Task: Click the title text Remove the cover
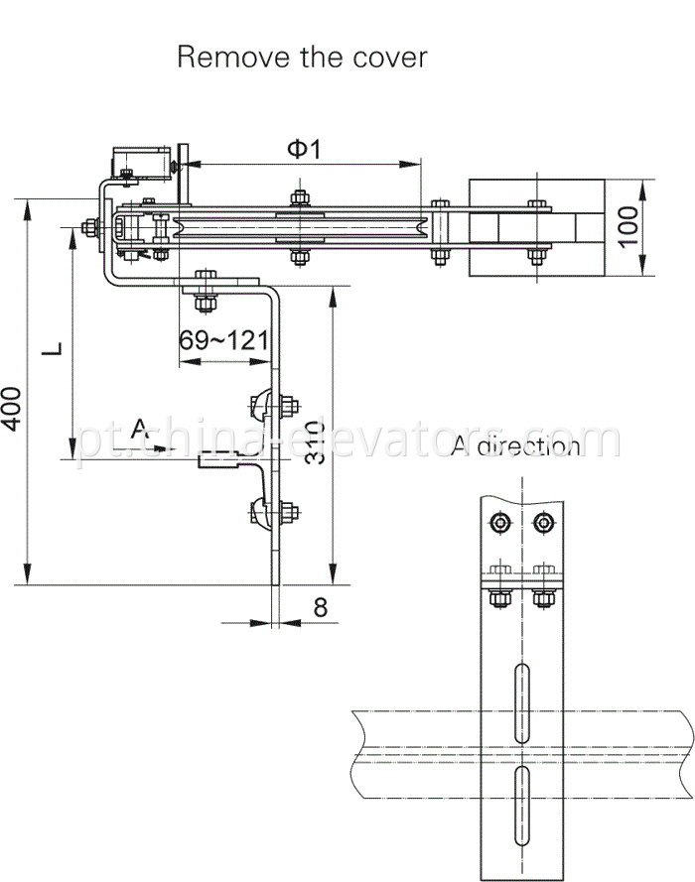[302, 57]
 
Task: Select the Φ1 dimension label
[306, 149]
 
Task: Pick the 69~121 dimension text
[223, 341]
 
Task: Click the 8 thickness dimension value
[320, 607]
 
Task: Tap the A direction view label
[515, 446]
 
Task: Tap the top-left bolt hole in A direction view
[497, 522]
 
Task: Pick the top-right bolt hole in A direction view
[541, 522]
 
